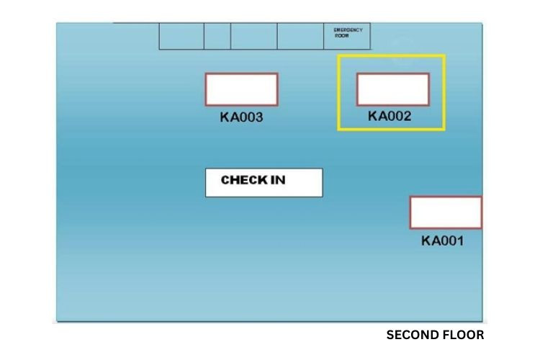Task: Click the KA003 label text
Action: pos(241,117)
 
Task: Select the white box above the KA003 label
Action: pos(241,89)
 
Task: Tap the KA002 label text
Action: pos(390,116)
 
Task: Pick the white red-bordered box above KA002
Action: pos(392,89)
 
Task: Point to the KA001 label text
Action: pos(442,241)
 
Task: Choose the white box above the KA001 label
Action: pos(446,212)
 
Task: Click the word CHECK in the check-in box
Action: pos(244,180)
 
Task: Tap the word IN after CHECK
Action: pos(277,180)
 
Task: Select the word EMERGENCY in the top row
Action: pos(348,30)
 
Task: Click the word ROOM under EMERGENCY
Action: pos(341,35)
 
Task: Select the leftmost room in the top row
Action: pos(181,36)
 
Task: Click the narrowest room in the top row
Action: pos(217,36)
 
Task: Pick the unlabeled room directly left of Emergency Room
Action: pos(300,36)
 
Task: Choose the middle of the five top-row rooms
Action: pos(253,36)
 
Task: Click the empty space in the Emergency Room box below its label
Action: pos(348,43)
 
